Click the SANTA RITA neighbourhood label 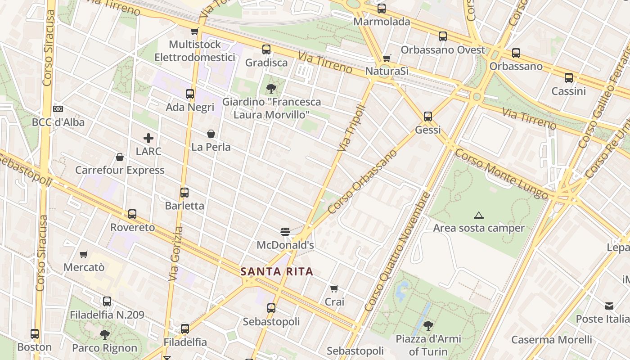276,272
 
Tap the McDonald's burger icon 285,232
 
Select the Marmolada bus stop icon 382,8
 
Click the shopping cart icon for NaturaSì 387,58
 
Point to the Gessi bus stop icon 427,117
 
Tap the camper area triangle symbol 478,216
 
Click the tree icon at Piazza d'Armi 428,325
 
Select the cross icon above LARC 148,138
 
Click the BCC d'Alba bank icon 58,109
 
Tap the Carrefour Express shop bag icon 120,157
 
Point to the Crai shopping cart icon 334,288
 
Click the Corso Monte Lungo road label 501,174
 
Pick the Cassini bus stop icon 569,78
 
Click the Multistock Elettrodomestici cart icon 194,31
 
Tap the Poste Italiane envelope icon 609,306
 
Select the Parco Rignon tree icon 105,335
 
